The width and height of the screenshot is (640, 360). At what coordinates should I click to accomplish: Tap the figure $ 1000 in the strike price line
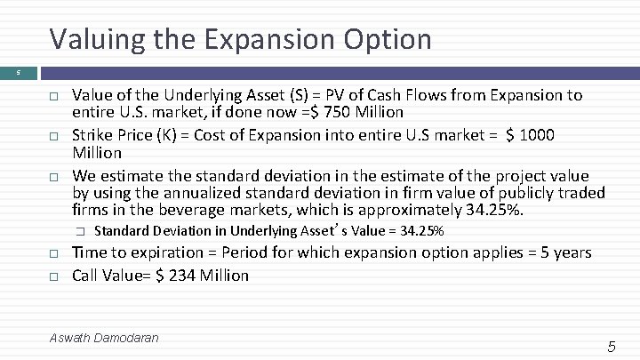(x=530, y=135)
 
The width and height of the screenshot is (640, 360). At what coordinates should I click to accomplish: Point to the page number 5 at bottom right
(x=611, y=347)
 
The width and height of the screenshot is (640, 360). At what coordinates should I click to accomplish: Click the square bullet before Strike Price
(x=53, y=136)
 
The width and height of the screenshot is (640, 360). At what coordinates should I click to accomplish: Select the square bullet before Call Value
(x=53, y=276)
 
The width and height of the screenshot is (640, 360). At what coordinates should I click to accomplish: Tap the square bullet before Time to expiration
(x=53, y=254)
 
